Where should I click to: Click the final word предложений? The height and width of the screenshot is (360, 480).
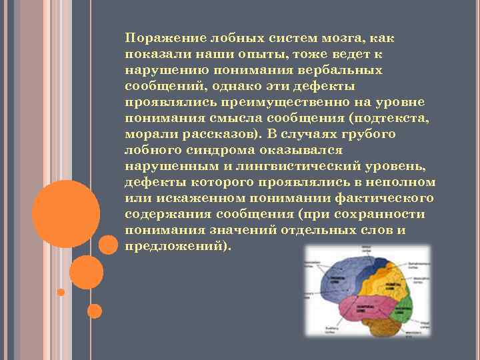[x=175, y=246]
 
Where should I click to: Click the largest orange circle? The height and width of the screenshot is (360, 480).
[x=66, y=214]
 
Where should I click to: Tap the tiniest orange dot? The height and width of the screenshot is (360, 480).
[x=61, y=292]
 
